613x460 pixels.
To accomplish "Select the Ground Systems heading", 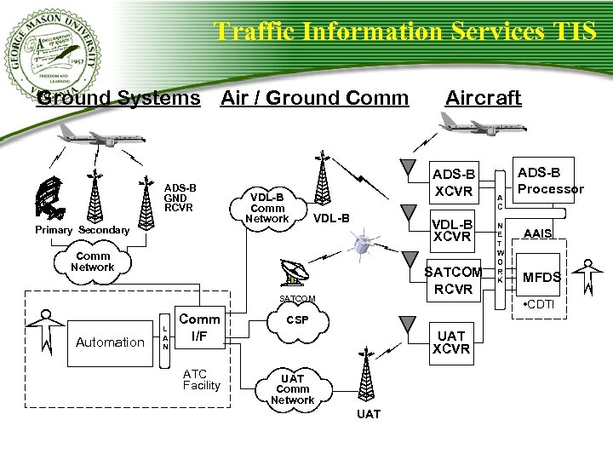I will pos(118,98).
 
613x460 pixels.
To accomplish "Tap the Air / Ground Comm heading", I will pos(314,98).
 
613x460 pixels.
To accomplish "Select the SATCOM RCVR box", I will pos(453,280).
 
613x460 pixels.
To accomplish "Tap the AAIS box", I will pos(538,233).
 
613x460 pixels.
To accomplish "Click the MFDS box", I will pos(541,277).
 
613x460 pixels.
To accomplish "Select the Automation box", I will pos(110,342).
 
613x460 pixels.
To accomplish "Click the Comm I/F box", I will pos(199,328).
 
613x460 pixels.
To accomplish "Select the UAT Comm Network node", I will pos(292,389).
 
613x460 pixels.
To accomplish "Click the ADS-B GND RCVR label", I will pos(180,197).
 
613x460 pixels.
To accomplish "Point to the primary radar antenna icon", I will pos(50,198).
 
